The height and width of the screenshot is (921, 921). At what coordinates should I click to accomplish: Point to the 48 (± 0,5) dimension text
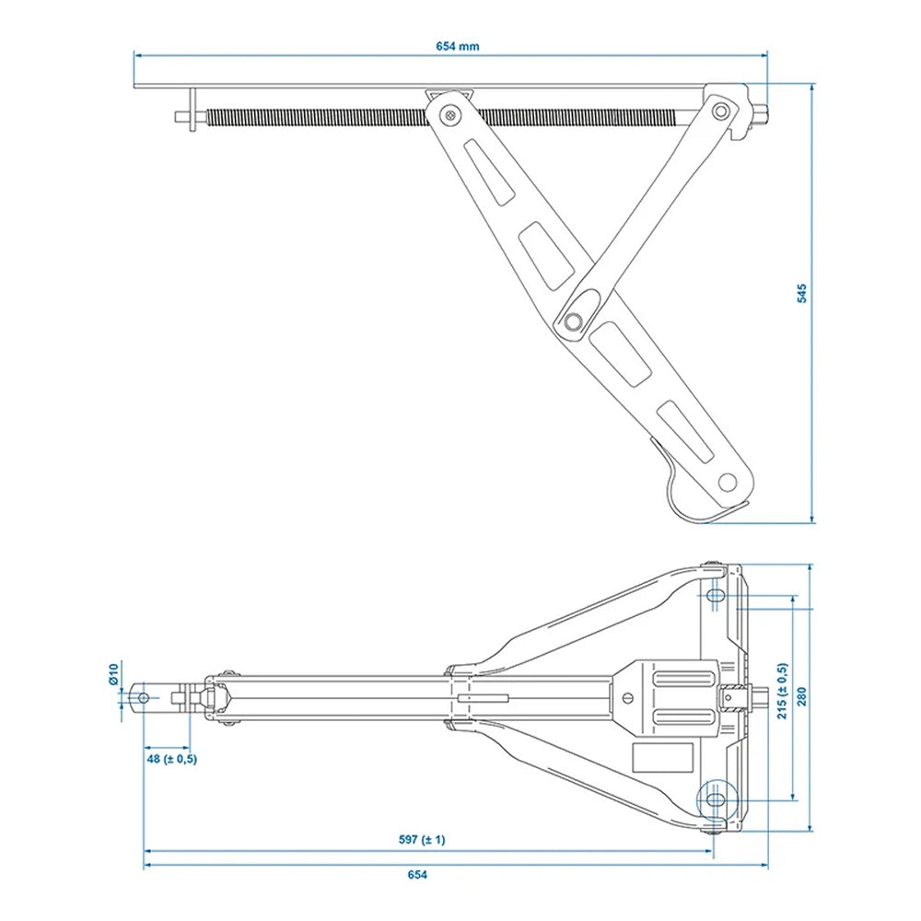pos(170,759)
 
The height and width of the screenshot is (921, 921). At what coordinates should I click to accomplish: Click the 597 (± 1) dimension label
pos(421,840)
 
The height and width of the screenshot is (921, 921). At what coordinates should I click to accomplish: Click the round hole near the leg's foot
pos(728,481)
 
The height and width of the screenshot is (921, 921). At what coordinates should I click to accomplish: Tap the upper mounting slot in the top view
pos(717,597)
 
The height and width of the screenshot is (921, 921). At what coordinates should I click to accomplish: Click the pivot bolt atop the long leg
pos(449,114)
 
